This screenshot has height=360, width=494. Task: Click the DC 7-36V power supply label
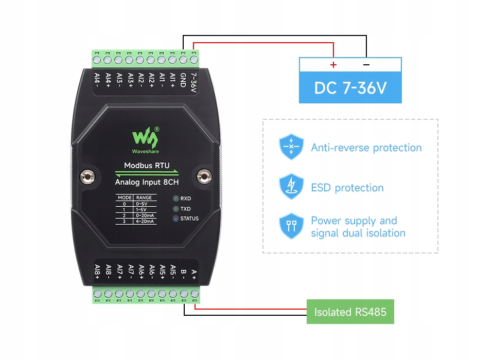point(350,88)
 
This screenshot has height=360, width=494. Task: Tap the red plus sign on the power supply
point(333,65)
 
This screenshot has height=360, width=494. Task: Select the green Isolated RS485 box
point(350,312)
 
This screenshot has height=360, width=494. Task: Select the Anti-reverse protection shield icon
point(291,148)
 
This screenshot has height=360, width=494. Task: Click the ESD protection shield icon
point(291,187)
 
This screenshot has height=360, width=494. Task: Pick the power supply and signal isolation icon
point(291,227)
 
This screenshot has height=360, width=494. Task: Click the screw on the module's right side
point(205,177)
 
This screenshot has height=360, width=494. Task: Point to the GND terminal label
point(183,81)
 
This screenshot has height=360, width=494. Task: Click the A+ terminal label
point(194,274)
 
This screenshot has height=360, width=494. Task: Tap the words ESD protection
point(347,188)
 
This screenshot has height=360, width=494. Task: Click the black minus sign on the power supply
point(366,65)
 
